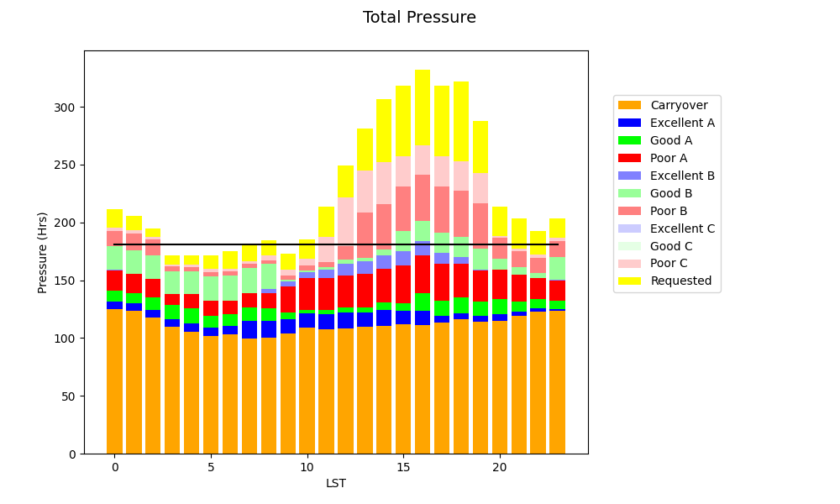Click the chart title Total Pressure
(x=419, y=18)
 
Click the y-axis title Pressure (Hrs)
(x=43, y=252)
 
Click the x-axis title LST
(x=335, y=483)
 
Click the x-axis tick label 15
(x=403, y=467)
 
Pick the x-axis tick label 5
(x=211, y=467)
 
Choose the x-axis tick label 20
(x=500, y=467)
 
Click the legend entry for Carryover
(x=678, y=105)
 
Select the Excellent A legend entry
(x=682, y=123)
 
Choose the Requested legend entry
(x=680, y=281)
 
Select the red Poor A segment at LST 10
(x=307, y=294)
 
